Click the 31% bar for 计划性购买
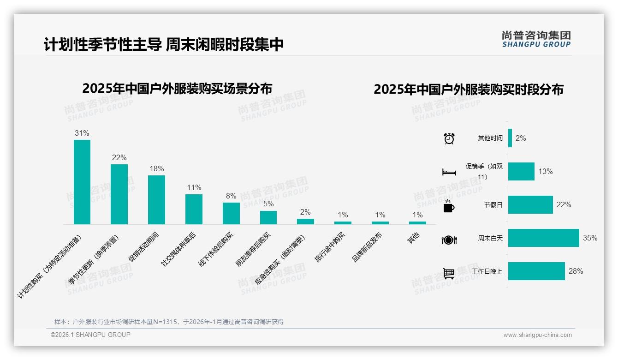click(82, 182)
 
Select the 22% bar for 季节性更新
click(119, 194)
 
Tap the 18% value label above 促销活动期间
click(156, 169)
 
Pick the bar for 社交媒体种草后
click(194, 209)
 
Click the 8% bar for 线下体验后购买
click(231, 213)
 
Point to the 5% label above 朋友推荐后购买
click(268, 204)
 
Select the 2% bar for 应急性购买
click(305, 222)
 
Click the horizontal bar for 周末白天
click(543, 238)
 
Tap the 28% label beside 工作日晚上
click(576, 271)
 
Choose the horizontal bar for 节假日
click(530, 205)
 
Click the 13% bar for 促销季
click(521, 172)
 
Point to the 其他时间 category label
click(490, 138)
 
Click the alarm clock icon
click(449, 138)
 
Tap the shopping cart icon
click(449, 273)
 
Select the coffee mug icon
click(449, 206)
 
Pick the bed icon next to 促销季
click(449, 172)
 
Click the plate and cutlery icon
click(449, 240)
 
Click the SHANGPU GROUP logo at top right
click(536, 39)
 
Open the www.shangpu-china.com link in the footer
click(537, 335)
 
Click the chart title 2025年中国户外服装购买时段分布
click(469, 90)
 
